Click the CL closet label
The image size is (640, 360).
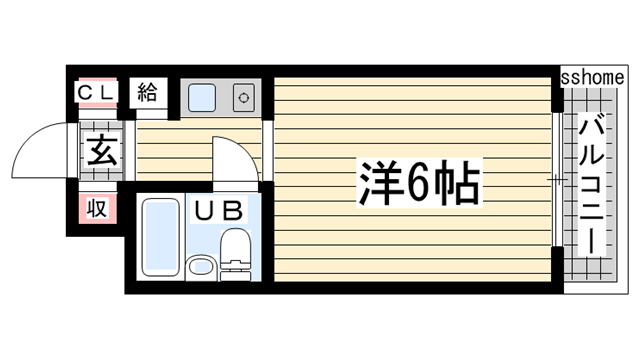click(x=97, y=93)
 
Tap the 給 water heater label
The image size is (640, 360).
click(x=148, y=93)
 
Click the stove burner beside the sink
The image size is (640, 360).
click(x=243, y=98)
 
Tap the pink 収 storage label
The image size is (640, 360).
click(x=97, y=208)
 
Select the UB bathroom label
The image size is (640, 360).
click(x=218, y=211)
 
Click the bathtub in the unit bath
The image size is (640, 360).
click(x=157, y=237)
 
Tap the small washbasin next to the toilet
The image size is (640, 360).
click(x=200, y=267)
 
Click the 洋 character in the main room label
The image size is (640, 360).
click(x=375, y=181)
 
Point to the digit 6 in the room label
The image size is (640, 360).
click(x=419, y=182)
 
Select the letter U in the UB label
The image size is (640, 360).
click(x=204, y=211)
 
